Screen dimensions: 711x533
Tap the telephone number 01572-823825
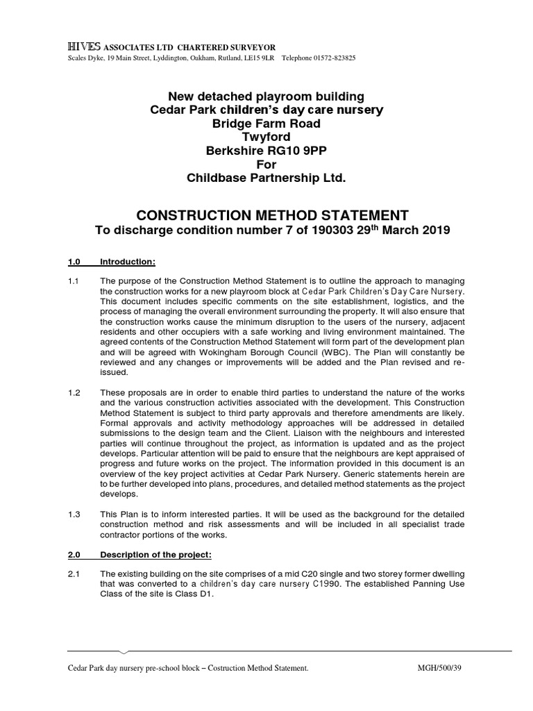click(x=332, y=58)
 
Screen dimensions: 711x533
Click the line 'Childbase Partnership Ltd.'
click(x=266, y=178)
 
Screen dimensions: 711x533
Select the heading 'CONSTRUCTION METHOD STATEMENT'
click(x=266, y=215)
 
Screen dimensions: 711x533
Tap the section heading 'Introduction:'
click(x=128, y=262)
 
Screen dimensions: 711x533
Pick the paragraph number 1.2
click(x=74, y=393)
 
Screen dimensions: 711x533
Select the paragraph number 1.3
click(x=74, y=514)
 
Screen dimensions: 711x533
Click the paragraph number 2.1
click(x=74, y=574)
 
